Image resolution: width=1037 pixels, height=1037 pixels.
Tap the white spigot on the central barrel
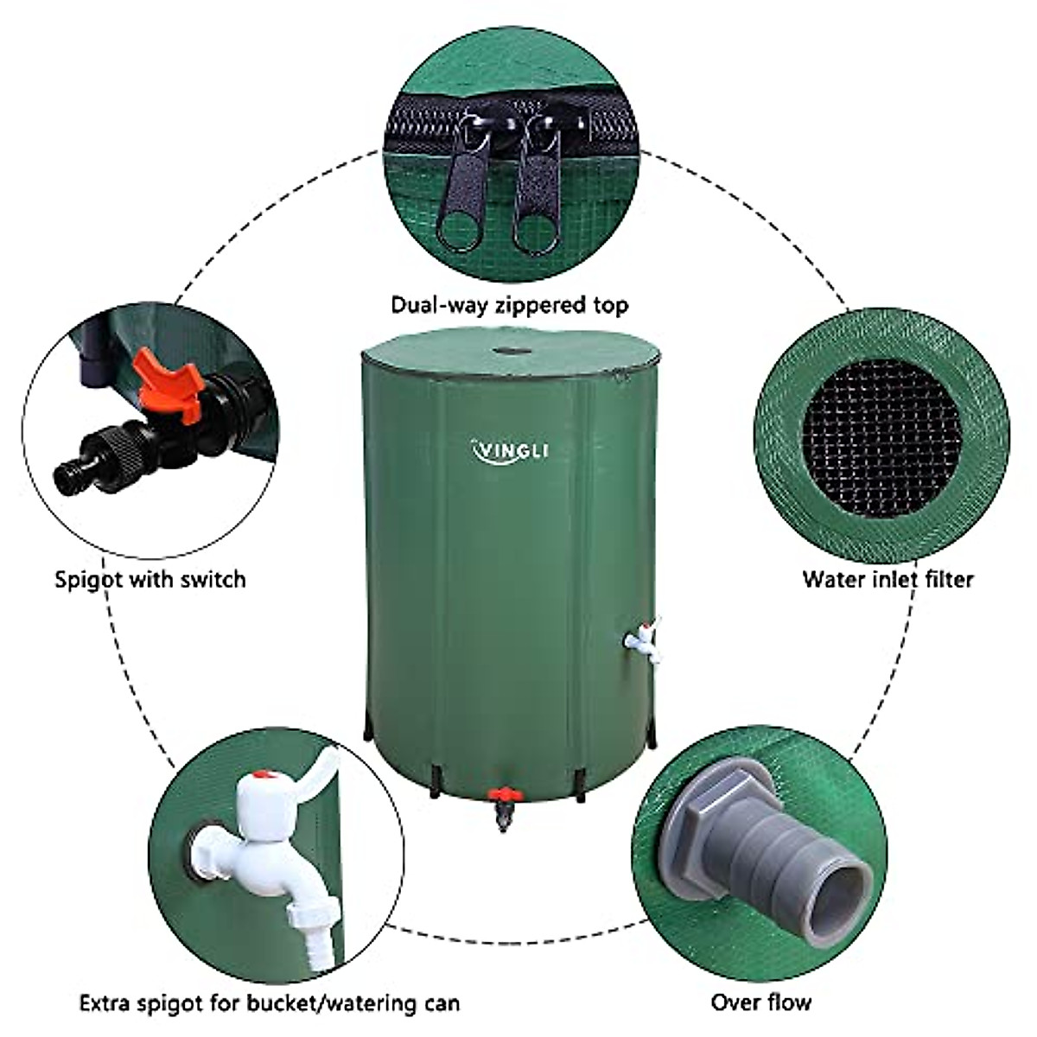coord(643,641)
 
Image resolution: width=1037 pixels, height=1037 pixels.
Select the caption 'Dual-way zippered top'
coord(510,305)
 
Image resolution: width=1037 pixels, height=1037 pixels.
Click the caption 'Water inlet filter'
coord(887,578)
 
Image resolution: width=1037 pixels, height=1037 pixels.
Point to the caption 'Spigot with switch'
coord(150,578)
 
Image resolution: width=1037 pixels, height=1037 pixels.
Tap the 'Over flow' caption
coord(761,978)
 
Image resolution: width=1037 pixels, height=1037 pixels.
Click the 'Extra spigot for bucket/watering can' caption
coord(270,979)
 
